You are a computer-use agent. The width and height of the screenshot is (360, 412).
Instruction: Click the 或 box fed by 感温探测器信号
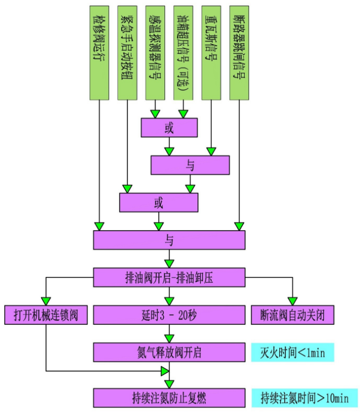169,128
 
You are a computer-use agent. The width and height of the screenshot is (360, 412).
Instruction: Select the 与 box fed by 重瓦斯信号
190,165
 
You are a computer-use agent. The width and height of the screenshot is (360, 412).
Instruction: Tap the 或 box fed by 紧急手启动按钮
158,203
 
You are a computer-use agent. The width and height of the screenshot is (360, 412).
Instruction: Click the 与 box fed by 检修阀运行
169,240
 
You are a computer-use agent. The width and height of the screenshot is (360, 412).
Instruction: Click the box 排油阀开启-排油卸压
169,277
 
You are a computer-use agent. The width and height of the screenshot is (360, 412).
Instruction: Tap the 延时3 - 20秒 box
169,315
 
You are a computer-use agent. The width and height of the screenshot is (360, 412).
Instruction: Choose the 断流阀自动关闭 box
293,315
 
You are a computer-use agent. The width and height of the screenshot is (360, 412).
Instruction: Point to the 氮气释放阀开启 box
169,352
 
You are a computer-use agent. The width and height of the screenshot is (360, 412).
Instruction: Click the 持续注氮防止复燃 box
169,397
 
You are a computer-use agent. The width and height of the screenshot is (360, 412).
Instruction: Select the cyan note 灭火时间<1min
293,352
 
